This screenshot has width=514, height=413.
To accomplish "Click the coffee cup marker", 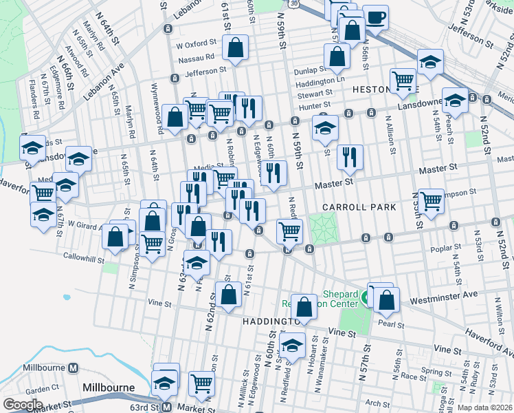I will (x=375, y=17).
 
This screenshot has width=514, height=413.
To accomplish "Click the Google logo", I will (x=23, y=404).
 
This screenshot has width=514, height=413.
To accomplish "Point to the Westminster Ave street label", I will (x=444, y=297).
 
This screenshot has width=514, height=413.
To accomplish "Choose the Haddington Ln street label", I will (x=320, y=81).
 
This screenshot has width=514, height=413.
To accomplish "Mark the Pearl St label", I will (x=390, y=324).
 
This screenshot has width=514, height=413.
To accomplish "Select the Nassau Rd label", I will (x=199, y=57).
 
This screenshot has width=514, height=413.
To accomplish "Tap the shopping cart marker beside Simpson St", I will (x=431, y=201).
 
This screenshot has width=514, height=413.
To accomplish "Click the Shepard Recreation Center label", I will (x=320, y=297).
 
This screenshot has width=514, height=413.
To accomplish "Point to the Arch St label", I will (x=377, y=403).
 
